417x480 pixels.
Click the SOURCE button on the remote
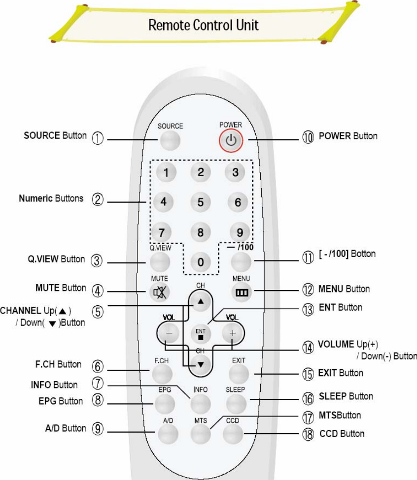coord(170,141)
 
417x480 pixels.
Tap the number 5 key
coord(201,202)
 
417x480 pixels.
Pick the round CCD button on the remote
coord(232,433)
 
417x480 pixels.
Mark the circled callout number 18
coord(308,434)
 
